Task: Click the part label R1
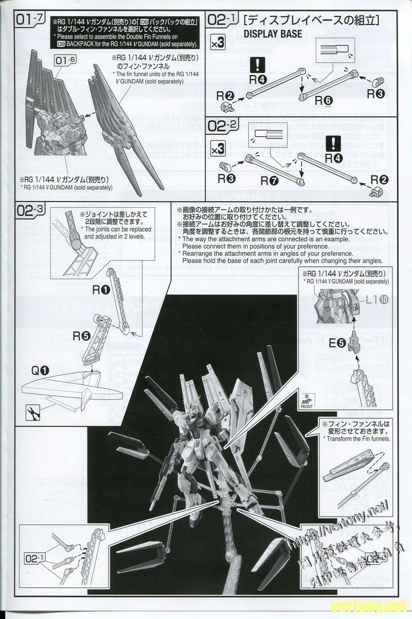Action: point(100,290)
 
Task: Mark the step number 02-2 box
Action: point(222,126)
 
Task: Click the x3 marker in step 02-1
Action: point(218,44)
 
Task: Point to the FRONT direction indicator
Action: point(306,404)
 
